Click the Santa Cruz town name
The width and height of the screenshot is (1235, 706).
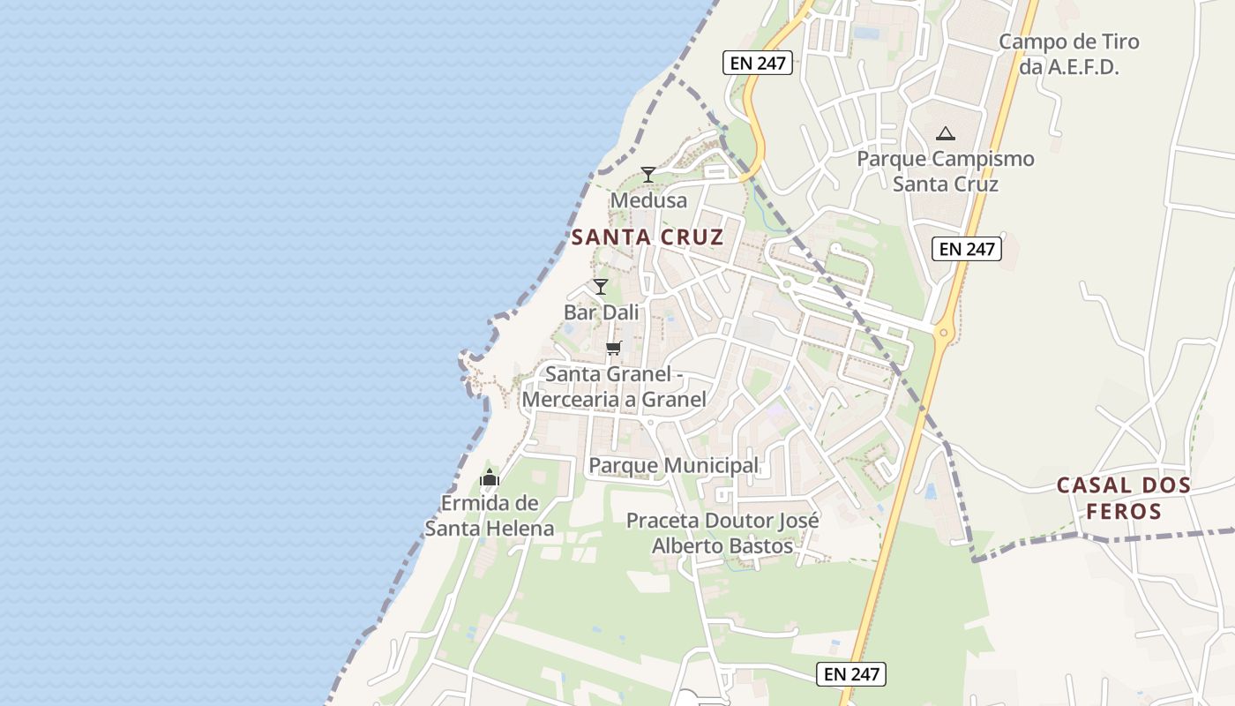click(647, 237)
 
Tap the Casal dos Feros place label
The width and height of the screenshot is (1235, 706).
click(1124, 498)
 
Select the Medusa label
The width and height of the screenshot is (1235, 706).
click(648, 200)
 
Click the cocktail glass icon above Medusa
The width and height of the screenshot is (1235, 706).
click(648, 174)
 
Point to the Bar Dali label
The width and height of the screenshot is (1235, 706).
click(601, 312)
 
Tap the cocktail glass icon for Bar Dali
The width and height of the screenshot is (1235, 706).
click(601, 286)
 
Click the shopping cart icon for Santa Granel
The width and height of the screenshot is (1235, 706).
click(614, 348)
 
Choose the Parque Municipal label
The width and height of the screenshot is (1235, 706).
click(673, 465)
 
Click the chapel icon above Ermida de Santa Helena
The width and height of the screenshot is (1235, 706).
click(490, 477)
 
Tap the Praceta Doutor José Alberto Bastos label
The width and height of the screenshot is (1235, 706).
click(722, 533)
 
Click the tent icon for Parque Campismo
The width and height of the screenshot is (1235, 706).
click(946, 134)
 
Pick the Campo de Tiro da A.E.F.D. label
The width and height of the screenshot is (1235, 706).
click(1068, 54)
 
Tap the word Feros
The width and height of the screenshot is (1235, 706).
click(1123, 511)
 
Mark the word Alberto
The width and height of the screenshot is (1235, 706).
click(686, 545)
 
